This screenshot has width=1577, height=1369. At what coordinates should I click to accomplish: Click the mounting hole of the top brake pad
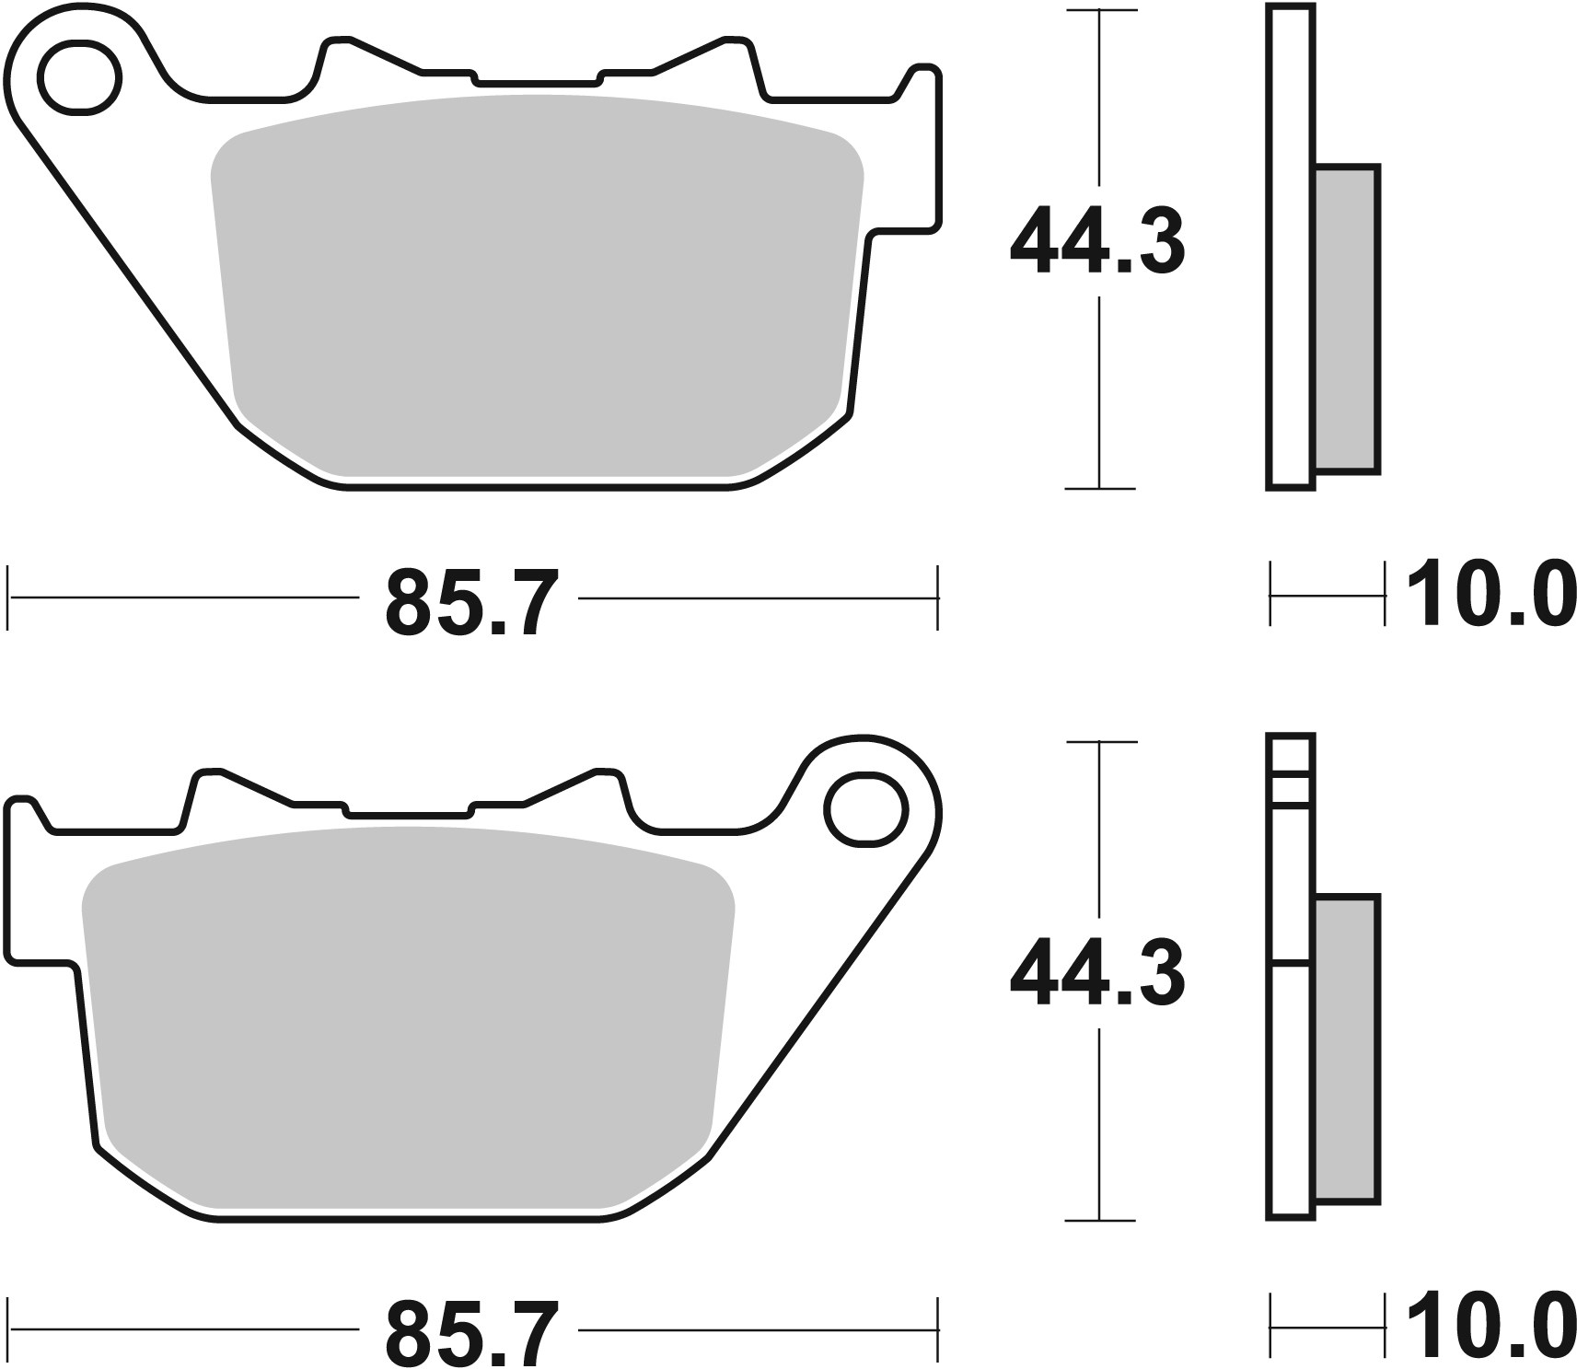coord(80,77)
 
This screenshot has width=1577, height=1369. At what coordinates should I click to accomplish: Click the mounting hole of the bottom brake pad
coord(864,809)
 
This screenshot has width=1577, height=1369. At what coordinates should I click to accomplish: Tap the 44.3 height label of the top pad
coord(1096,242)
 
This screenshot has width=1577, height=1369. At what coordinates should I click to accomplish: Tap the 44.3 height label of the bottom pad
coord(1096,974)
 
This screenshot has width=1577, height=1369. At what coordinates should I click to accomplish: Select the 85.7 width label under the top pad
coord(471,604)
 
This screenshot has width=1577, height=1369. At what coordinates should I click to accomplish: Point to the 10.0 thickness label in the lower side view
coord(1483,1327)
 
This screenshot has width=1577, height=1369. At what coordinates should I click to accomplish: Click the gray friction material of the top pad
coord(534,285)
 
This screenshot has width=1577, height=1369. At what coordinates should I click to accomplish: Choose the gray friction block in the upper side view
coord(1346,319)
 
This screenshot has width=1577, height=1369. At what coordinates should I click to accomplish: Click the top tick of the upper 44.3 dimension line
coord(1100,11)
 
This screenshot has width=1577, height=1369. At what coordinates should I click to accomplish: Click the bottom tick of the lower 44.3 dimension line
coord(1100,1220)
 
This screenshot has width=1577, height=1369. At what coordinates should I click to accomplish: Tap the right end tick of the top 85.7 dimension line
coord(937,597)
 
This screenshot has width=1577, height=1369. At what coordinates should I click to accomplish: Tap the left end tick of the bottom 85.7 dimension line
coord(8,1328)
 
